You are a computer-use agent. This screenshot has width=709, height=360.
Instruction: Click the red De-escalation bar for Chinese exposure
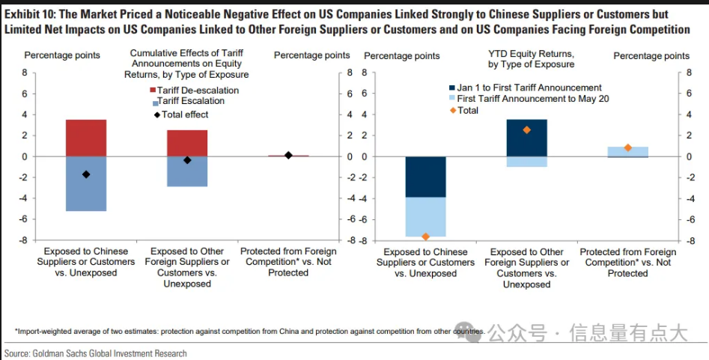point(86,138)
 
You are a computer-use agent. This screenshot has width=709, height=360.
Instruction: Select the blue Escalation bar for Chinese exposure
point(86,184)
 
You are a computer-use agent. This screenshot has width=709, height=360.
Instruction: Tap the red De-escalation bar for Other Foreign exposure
point(187,143)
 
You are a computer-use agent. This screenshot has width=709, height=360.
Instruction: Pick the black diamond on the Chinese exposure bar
point(86,174)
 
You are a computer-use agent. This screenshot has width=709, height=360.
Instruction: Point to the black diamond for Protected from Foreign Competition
point(288,155)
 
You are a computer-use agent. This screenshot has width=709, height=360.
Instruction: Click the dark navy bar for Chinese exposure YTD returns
point(425,177)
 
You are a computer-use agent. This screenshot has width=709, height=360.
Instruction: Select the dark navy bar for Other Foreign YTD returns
point(526,138)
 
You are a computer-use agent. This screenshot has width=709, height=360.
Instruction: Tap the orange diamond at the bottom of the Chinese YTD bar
point(425,237)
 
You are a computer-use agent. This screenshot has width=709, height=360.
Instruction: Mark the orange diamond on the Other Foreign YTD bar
point(526,129)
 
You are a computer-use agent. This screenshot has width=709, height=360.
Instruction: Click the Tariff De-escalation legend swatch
point(153,91)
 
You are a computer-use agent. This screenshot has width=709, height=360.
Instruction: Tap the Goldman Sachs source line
point(96,353)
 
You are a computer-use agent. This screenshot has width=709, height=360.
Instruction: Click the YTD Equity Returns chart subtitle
point(531,58)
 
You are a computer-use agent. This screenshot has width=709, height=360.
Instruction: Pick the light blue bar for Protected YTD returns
point(627,151)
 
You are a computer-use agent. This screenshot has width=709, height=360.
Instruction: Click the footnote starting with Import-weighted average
point(247,331)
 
